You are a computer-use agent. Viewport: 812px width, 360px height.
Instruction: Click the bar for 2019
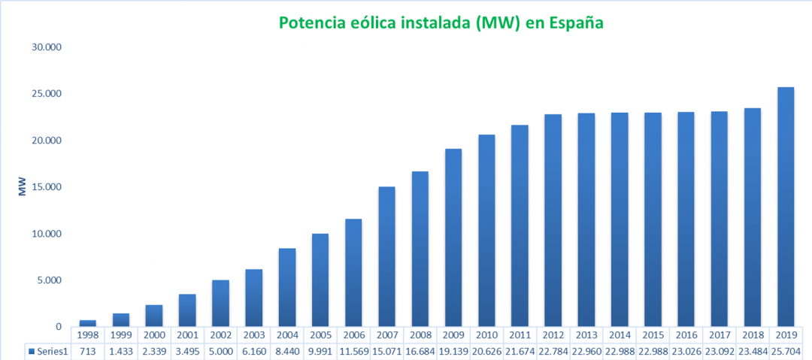[x=785, y=207]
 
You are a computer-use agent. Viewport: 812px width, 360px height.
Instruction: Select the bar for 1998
[x=88, y=323]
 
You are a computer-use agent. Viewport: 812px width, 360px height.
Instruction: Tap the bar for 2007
[x=386, y=256]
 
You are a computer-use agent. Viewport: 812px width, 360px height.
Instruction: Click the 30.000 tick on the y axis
[x=46, y=47]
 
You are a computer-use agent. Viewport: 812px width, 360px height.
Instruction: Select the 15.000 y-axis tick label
[x=46, y=187]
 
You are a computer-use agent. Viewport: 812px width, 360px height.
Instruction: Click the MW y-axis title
[x=22, y=187]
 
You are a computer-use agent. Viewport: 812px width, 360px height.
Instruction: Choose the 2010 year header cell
[x=486, y=334]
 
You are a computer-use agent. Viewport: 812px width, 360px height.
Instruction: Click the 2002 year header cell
[x=220, y=334]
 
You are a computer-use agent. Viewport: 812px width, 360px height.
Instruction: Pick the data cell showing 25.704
[x=785, y=351]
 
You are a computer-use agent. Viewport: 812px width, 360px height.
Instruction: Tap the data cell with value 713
[x=88, y=351]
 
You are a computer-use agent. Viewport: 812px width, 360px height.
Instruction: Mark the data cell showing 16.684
[x=420, y=351]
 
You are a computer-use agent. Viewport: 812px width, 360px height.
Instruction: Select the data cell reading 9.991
[x=320, y=351]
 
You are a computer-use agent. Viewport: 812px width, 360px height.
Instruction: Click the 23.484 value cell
[x=752, y=351]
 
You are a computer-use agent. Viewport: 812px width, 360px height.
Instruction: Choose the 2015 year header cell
[x=653, y=334]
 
